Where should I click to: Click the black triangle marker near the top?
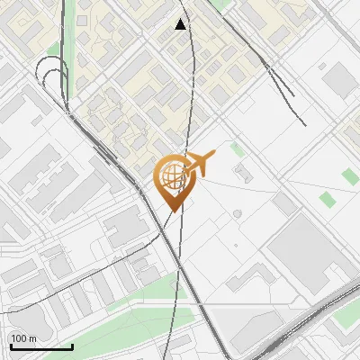(181, 24)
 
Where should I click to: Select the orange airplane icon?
(198, 165)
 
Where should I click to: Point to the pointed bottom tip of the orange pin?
(172, 211)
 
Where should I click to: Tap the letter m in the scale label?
(32, 338)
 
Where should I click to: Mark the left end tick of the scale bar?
(9, 346)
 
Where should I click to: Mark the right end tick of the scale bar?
(72, 346)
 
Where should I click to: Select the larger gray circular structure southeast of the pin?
(237, 213)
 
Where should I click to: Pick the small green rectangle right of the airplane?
(237, 149)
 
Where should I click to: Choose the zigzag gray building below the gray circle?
(248, 280)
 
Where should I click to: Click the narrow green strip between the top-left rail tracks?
(54, 49)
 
